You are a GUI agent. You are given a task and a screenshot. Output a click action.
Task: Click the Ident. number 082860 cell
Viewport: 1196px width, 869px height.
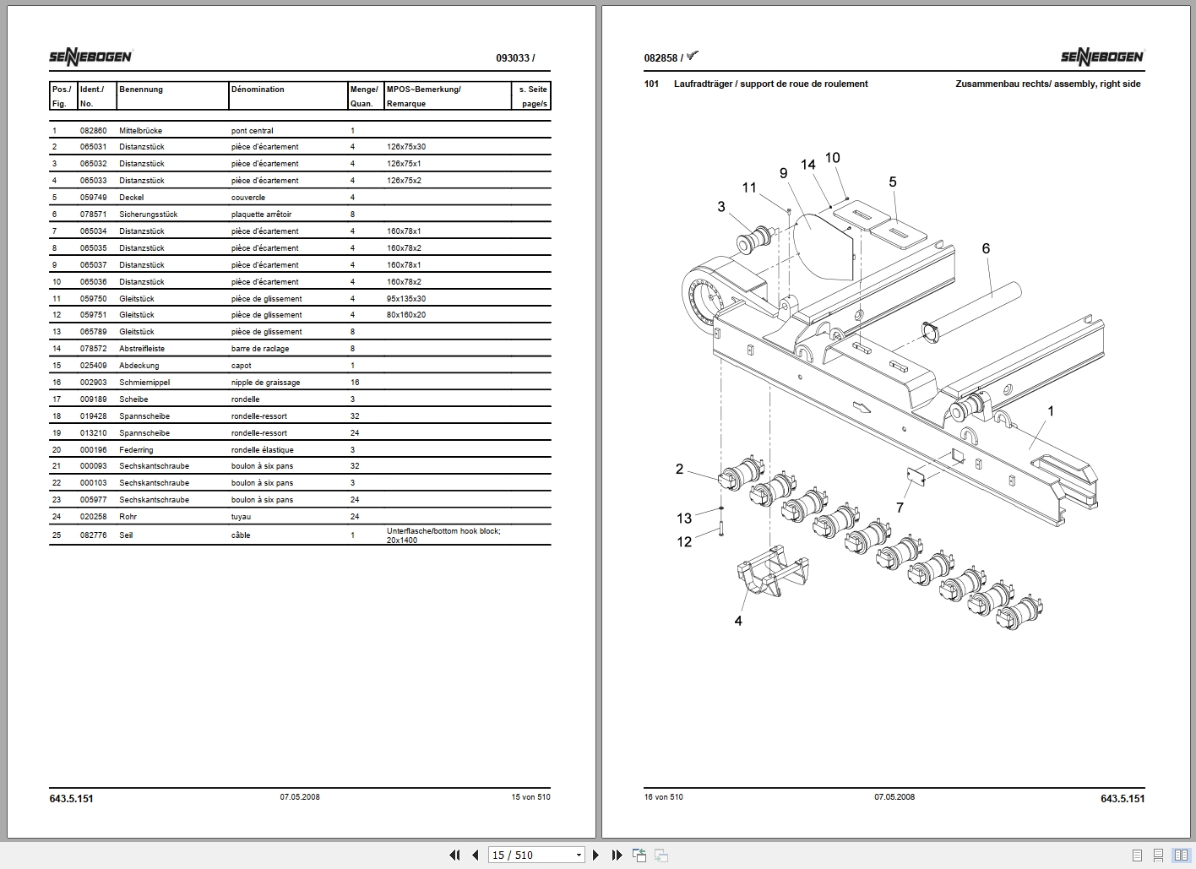[x=93, y=131]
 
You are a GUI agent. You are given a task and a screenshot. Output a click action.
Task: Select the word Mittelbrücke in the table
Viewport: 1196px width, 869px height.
[x=140, y=131]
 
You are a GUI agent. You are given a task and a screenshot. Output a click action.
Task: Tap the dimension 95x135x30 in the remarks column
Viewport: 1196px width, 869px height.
[x=406, y=299]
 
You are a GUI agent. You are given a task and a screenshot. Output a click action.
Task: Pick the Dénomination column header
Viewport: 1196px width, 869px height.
[x=258, y=90]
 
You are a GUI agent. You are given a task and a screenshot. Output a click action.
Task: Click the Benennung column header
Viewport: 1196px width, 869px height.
[x=141, y=90]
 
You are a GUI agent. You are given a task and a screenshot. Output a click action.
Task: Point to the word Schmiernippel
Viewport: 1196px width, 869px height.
[x=144, y=383]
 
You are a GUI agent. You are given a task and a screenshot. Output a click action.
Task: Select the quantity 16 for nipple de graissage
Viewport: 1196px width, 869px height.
[x=355, y=383]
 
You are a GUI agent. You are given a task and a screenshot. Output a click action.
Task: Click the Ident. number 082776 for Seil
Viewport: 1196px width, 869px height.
[x=93, y=535]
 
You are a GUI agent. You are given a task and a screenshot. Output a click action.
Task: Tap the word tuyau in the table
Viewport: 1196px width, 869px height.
[x=242, y=517]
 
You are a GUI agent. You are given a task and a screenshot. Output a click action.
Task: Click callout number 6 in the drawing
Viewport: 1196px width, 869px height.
[x=986, y=248]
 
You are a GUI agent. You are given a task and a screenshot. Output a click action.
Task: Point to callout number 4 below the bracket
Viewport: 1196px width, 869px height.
[x=738, y=621]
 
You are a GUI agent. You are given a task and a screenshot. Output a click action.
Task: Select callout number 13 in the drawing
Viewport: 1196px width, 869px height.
[x=684, y=519]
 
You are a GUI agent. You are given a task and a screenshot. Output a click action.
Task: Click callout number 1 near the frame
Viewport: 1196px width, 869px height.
[x=1051, y=411]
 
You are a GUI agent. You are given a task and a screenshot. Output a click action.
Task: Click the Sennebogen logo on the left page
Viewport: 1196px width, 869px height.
[x=90, y=57]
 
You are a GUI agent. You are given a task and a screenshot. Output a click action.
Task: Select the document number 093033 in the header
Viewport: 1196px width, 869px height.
[x=513, y=58]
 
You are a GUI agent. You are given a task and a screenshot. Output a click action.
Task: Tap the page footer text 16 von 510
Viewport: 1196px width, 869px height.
[x=663, y=797]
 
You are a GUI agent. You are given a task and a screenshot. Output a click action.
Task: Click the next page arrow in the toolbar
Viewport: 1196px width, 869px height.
[x=595, y=855]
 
